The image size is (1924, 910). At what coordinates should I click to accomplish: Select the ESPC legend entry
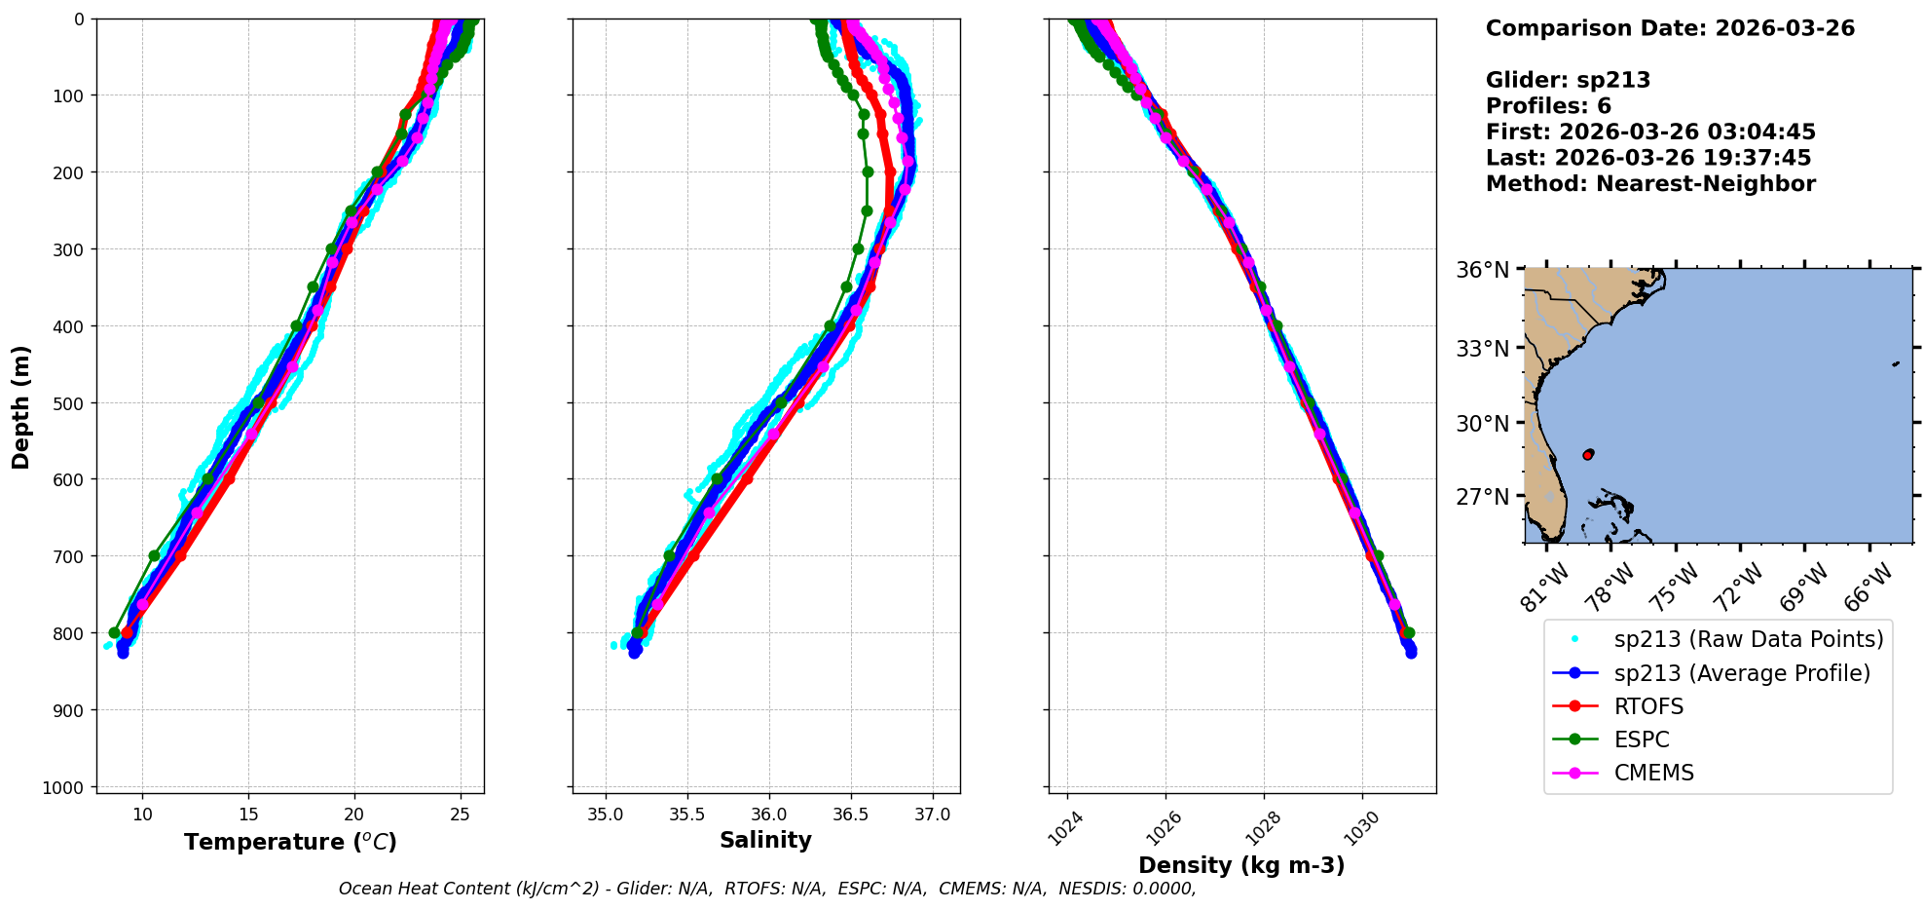(1642, 739)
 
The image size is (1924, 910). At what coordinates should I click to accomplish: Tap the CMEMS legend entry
(1653, 773)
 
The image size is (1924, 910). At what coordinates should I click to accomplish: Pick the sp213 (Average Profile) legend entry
(1742, 673)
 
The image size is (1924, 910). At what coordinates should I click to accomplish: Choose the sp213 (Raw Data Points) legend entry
(1748, 639)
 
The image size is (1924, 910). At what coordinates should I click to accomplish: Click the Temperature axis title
(290, 842)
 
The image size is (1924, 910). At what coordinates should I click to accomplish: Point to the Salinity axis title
(765, 840)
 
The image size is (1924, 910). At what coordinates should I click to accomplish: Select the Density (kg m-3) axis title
(1241, 865)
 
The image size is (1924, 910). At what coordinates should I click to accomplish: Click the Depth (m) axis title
(21, 406)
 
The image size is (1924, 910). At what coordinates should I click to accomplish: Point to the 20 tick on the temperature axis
(354, 815)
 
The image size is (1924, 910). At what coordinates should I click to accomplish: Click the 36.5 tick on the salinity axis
(850, 815)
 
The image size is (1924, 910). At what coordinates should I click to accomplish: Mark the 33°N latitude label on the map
(1482, 348)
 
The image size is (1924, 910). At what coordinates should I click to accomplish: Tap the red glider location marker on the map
(1588, 455)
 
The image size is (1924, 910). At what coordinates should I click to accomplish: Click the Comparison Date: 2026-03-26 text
(1670, 28)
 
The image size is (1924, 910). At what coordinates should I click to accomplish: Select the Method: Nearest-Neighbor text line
(1650, 184)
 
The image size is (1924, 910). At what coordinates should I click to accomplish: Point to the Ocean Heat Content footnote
(767, 889)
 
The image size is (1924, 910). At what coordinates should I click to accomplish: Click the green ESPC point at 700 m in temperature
(154, 555)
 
